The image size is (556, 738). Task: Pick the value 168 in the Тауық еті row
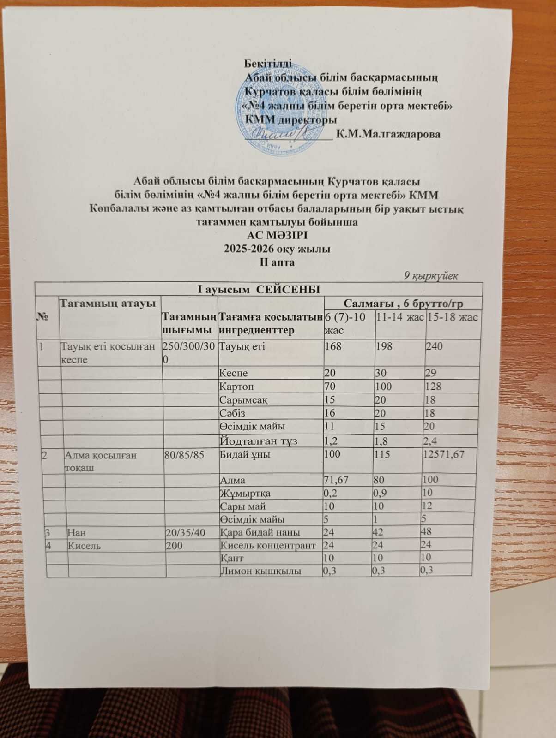click(333, 346)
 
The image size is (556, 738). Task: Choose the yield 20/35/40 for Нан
click(185, 532)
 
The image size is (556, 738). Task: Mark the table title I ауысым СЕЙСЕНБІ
click(259, 289)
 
